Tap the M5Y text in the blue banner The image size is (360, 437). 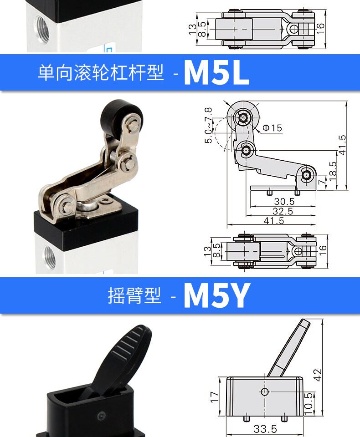click(217, 295)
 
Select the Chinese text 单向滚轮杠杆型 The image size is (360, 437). click(100, 73)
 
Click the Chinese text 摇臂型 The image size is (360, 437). click(134, 296)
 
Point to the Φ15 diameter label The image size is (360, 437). click(273, 128)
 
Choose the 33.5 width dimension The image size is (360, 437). click(265, 429)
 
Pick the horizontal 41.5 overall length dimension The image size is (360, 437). click(274, 220)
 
